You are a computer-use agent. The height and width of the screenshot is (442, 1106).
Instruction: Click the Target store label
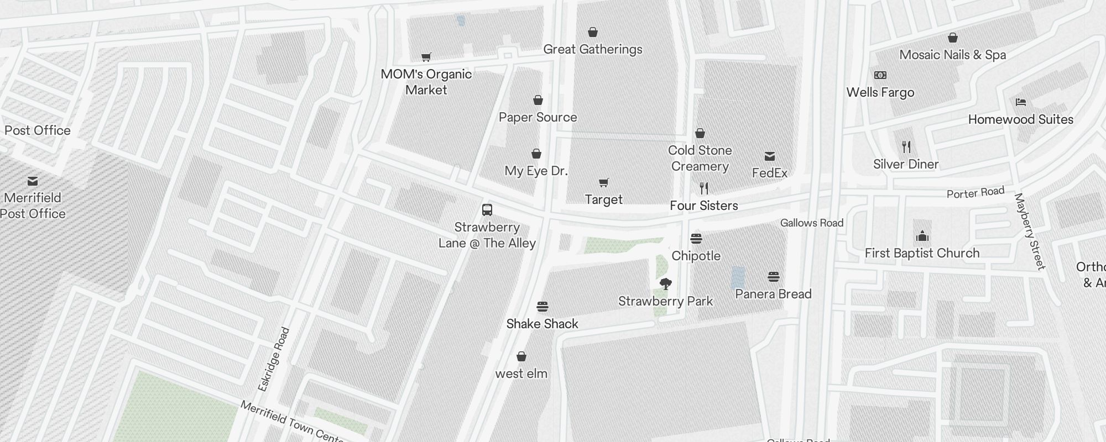point(603,199)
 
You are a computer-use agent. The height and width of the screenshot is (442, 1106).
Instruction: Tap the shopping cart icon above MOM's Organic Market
point(426,57)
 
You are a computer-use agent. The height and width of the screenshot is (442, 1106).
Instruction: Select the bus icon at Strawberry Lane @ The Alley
point(487,210)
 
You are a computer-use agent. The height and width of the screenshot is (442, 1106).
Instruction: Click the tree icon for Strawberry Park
point(666,284)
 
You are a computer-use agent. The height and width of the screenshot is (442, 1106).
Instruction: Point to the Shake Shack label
point(542,324)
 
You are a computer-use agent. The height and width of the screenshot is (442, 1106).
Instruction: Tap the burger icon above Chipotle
point(696,239)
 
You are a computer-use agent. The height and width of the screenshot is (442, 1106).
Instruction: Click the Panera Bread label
point(773,294)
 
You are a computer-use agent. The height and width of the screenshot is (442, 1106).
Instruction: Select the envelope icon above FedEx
point(769,156)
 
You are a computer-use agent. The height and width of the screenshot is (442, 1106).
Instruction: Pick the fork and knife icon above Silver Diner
point(906,147)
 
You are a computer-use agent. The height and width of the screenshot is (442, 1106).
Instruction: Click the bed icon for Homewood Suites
point(1020,102)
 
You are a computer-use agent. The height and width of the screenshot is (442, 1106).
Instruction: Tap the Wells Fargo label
point(880,92)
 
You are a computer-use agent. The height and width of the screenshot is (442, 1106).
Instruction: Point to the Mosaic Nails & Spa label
point(952,55)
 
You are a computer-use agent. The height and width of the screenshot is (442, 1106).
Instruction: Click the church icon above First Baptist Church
point(922,236)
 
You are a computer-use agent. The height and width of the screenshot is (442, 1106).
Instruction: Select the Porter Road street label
point(975,193)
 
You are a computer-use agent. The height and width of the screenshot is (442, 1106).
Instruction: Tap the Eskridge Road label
point(274,359)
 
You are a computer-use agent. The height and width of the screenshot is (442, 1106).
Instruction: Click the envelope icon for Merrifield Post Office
point(33,181)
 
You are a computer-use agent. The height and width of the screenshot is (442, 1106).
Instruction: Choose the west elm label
point(521,373)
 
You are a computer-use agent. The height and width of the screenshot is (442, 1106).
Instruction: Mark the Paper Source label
point(538,117)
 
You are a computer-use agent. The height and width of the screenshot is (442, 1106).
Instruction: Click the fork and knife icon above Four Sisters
point(703,188)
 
